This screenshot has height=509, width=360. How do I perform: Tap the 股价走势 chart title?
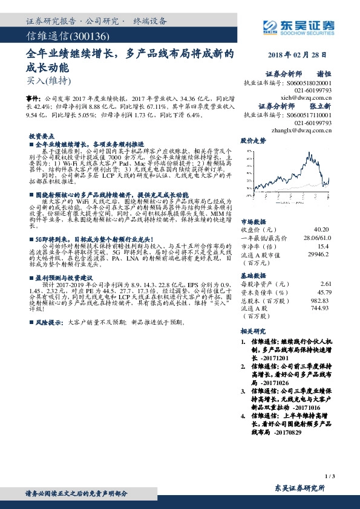253,140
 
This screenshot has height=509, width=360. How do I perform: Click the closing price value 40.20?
321,230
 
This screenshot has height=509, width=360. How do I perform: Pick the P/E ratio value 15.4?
323,247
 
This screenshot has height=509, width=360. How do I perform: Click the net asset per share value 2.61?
326,284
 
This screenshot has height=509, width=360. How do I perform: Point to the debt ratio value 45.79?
324,292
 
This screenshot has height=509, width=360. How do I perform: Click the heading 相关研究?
253,331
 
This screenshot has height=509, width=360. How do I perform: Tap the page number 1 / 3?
329,477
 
